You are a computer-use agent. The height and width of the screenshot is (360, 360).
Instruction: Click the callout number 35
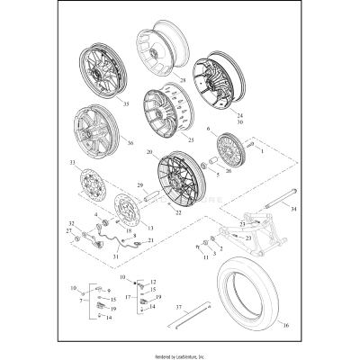pyautogui.click(x=125, y=104)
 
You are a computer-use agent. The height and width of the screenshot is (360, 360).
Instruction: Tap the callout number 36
pyautogui.click(x=130, y=141)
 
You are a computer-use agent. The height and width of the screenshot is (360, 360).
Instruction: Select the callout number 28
pyautogui.click(x=181, y=80)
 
